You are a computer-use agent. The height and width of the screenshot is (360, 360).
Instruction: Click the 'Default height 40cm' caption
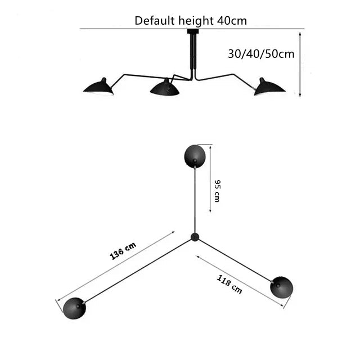(x=191, y=21)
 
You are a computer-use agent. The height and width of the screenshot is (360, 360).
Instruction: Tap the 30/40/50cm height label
(x=261, y=54)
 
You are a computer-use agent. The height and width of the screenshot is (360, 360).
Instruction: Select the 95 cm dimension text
(x=217, y=191)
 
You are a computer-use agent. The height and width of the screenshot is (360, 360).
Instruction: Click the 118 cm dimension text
(x=229, y=285)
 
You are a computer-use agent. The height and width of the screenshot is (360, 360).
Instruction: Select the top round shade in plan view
(x=195, y=156)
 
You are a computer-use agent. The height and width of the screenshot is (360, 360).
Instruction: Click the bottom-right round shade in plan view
(x=281, y=287)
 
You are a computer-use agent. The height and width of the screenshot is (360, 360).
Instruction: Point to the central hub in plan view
(x=195, y=237)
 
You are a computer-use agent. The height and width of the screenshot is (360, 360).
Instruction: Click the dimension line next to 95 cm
(x=210, y=178)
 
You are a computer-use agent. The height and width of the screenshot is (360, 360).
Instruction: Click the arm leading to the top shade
(x=195, y=200)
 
